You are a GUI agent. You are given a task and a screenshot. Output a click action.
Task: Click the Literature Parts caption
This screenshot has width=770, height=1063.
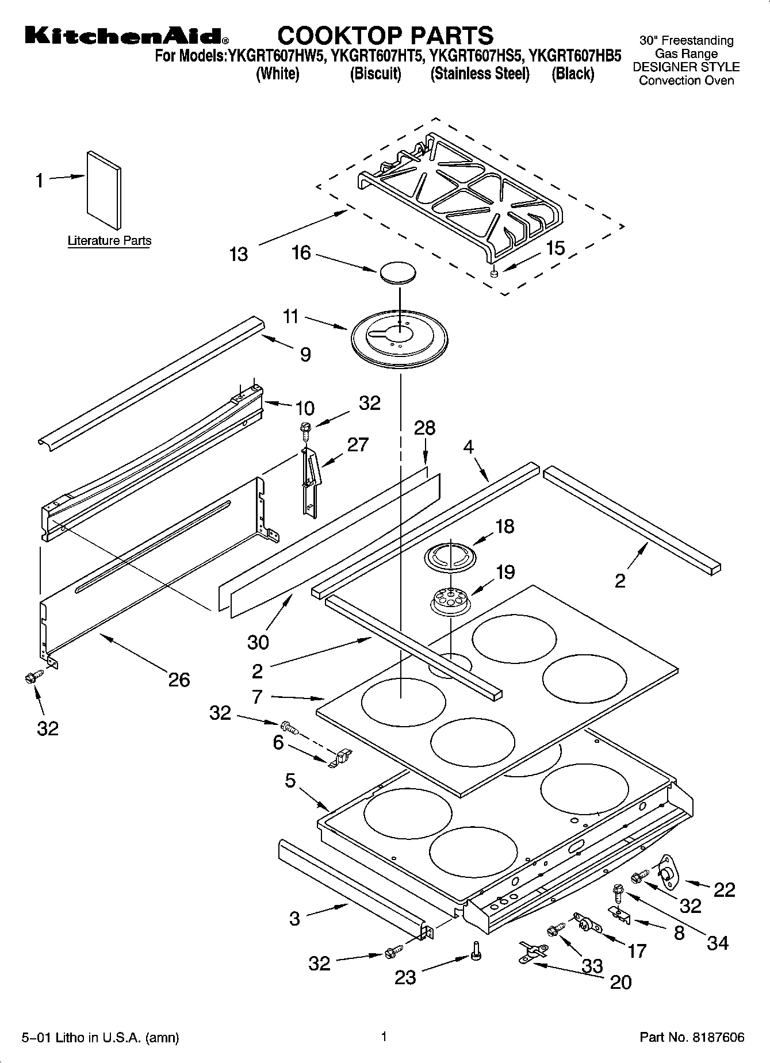[109, 241]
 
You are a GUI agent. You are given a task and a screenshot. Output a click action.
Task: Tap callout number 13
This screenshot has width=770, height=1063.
[238, 254]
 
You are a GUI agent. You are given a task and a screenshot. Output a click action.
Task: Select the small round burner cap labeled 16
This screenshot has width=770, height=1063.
[398, 273]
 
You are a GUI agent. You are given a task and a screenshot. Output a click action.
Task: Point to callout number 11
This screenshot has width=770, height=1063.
[291, 316]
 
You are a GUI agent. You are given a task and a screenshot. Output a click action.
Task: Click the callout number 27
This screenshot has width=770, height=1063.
[358, 444]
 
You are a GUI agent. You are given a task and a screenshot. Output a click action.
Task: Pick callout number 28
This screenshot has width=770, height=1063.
[424, 428]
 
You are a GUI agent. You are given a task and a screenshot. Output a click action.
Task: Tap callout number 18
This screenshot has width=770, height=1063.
[504, 526]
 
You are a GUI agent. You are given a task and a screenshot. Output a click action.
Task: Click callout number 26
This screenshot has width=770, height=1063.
[179, 680]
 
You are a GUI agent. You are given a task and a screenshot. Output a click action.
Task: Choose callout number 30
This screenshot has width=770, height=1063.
[258, 642]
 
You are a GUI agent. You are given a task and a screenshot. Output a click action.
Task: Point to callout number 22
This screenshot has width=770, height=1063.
[724, 889]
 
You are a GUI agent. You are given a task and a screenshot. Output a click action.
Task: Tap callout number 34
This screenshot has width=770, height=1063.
[718, 943]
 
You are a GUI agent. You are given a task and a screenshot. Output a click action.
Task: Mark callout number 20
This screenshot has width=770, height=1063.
[620, 981]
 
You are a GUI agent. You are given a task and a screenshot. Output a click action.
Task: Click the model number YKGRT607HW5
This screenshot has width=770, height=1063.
[274, 56]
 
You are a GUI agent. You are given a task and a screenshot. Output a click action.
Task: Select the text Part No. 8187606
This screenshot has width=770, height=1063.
[692, 1037]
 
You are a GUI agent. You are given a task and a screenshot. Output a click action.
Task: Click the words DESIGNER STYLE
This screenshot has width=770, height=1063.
[686, 67]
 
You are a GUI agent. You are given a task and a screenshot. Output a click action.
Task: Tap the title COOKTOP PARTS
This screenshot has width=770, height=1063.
[385, 36]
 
